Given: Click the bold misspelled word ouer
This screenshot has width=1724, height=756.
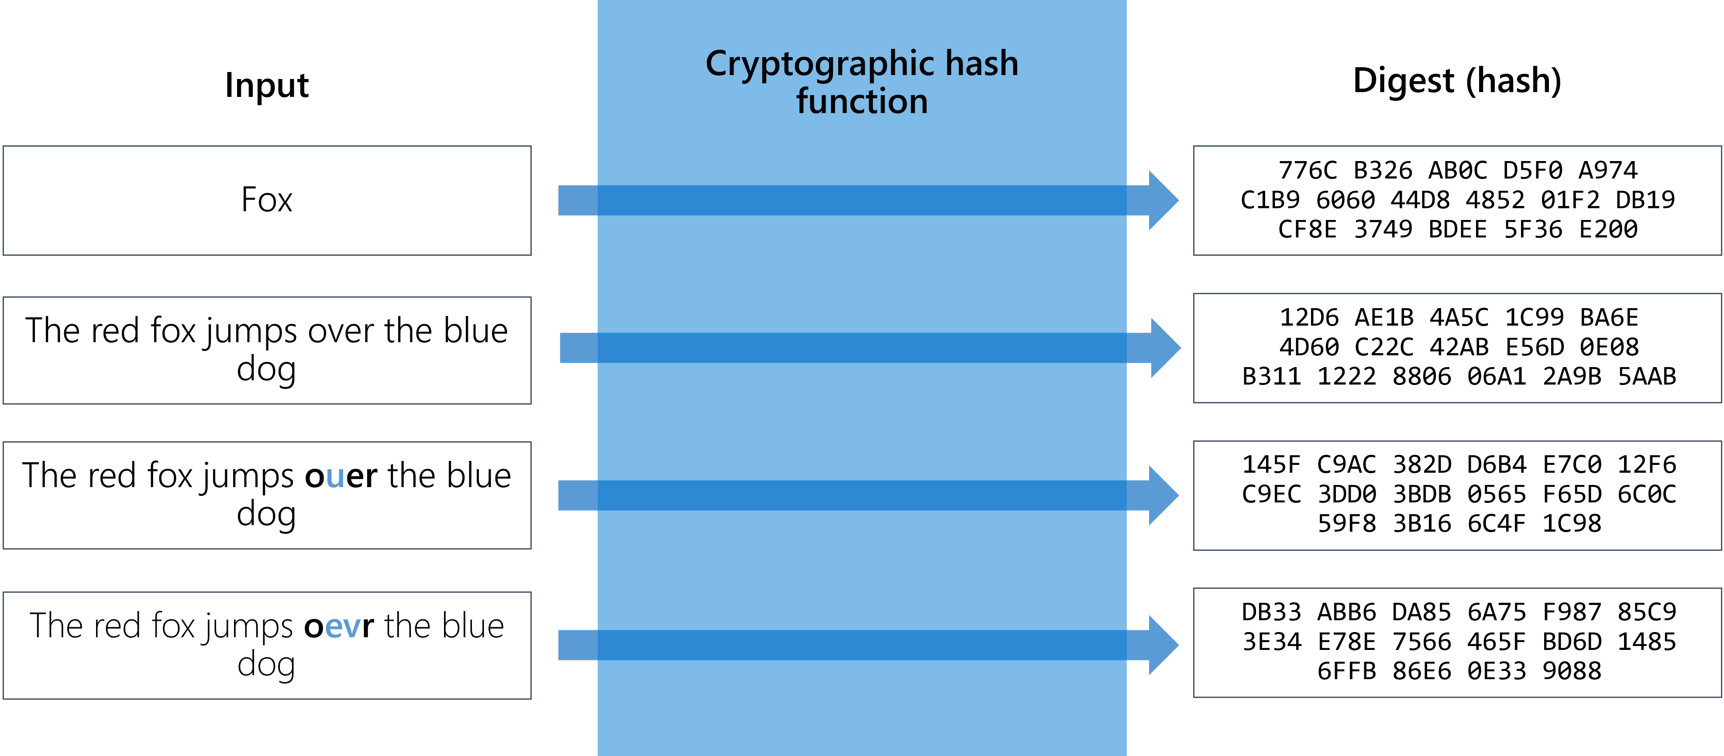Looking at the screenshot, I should coord(341,476).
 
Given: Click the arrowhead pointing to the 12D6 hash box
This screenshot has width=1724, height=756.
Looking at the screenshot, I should coord(1165,348).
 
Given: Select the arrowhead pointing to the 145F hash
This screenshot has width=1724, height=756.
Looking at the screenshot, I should coord(1163,495).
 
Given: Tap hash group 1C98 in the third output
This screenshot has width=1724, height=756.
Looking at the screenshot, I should coord(1571,524).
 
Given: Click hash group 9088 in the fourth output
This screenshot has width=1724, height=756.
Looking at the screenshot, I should coord(1571,671).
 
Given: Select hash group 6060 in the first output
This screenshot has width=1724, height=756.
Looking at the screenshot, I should coord(1345,200).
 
